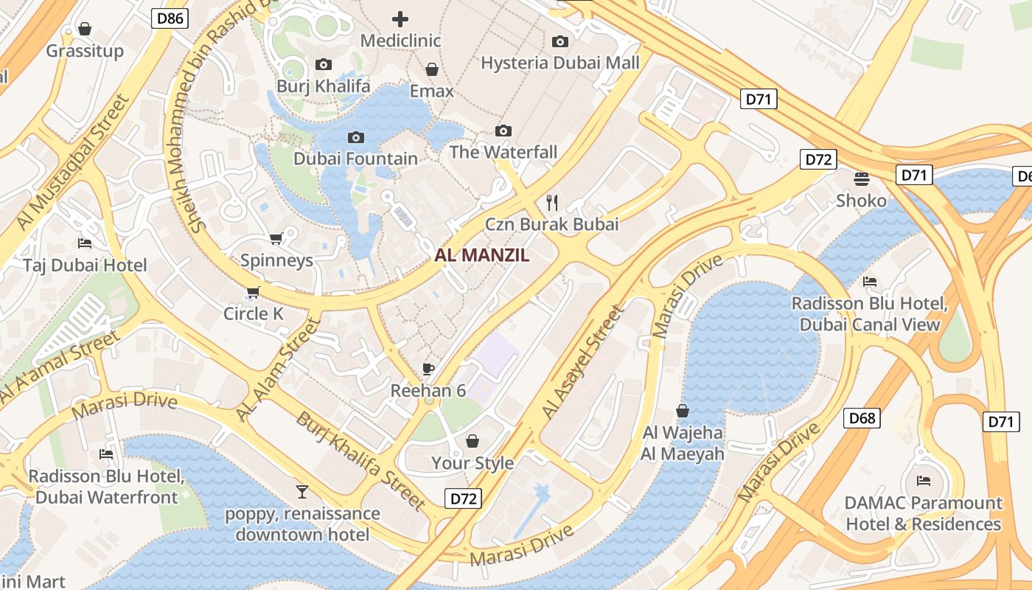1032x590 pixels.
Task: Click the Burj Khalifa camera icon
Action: click(323, 65)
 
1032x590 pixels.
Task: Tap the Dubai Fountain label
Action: click(355, 159)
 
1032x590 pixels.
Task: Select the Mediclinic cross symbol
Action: click(400, 18)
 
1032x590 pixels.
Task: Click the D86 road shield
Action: click(170, 18)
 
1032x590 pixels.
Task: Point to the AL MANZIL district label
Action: click(482, 256)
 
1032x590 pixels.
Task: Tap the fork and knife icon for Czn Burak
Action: click(551, 201)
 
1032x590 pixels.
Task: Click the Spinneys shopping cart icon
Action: click(276, 238)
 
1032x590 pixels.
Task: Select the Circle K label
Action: click(254, 313)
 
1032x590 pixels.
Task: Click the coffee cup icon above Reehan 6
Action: click(428, 369)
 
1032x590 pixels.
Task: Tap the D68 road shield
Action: click(862, 418)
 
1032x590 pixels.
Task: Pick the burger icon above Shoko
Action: click(861, 178)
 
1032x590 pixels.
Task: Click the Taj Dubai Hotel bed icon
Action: click(85, 243)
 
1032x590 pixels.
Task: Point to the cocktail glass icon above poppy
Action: click(302, 491)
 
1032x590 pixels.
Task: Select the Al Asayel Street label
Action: click(582, 364)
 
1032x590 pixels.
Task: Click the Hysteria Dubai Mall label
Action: click(560, 63)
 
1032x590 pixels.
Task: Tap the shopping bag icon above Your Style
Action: click(473, 441)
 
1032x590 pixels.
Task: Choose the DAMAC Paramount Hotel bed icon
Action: click(923, 481)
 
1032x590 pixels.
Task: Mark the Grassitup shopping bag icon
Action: click(85, 29)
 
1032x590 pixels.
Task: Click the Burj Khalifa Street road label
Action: click(361, 462)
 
